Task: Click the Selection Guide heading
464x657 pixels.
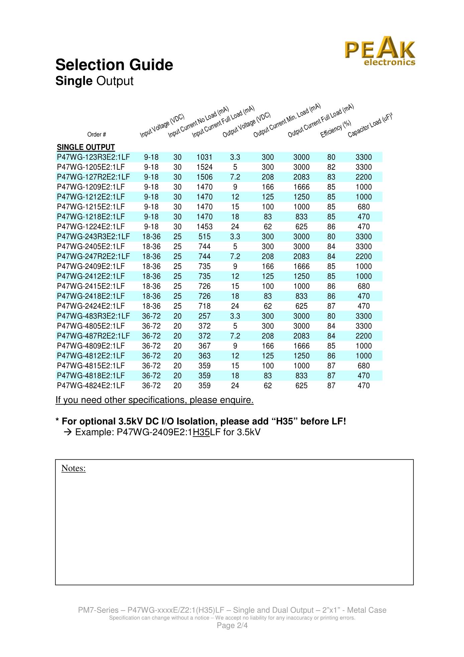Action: (114, 65)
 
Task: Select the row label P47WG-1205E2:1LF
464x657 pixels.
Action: (91, 167)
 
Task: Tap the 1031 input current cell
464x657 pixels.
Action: (204, 157)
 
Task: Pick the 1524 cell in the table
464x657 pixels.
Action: (204, 167)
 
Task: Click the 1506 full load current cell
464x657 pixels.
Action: (204, 177)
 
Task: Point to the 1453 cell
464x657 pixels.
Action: (204, 227)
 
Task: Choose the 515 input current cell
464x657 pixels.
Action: (204, 237)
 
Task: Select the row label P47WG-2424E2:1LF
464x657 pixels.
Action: (91, 306)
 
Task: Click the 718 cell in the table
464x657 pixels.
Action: (204, 306)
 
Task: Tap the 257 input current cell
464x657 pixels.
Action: (204, 316)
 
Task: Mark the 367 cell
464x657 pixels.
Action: (204, 346)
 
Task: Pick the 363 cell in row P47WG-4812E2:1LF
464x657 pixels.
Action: (204, 356)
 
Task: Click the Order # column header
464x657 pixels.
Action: (97, 134)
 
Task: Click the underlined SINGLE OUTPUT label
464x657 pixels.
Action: (86, 148)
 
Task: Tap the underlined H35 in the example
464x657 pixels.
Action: (201, 432)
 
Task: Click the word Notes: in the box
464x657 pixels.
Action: (74, 468)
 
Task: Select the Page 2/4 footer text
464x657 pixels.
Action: (232, 626)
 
